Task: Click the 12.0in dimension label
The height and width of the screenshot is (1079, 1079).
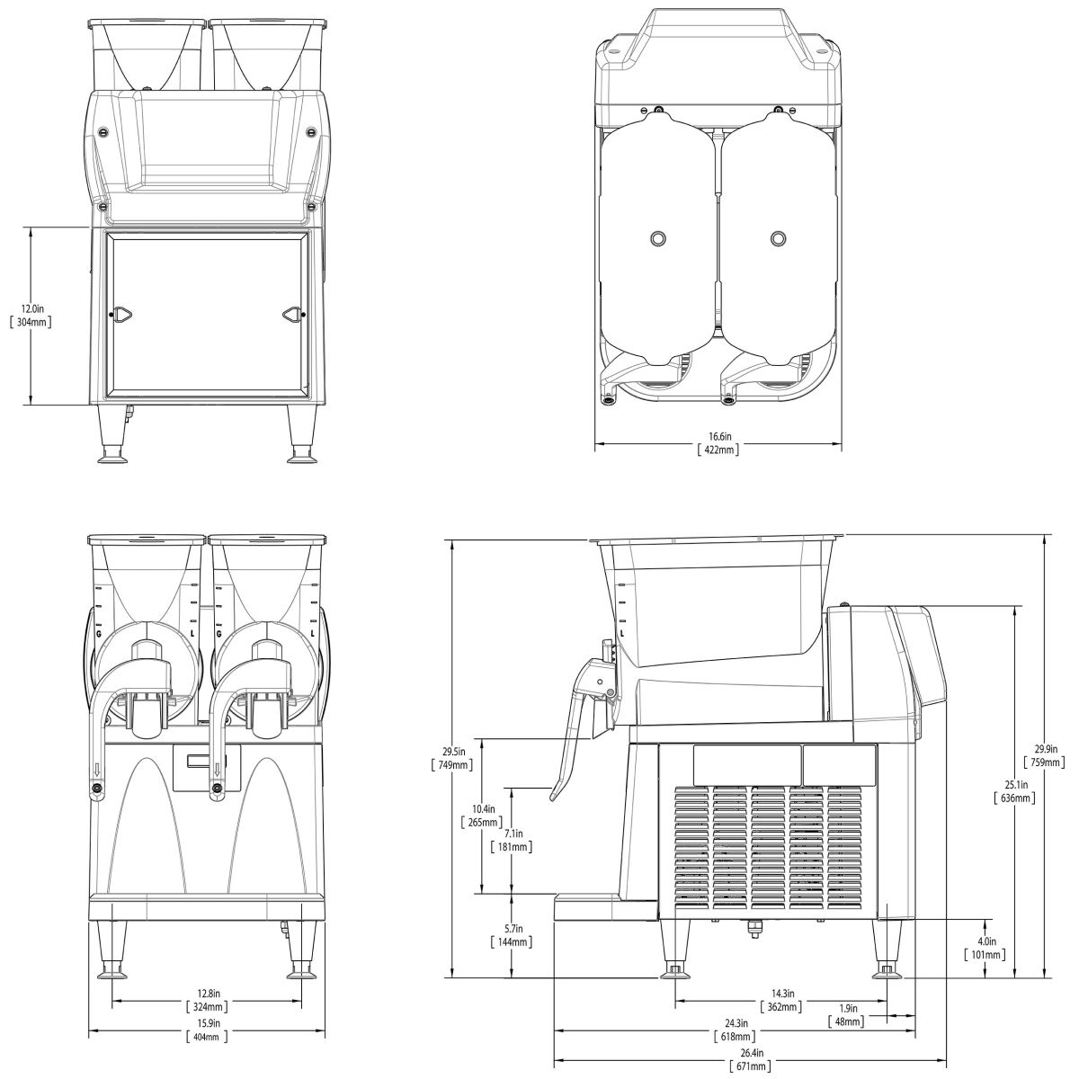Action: pyautogui.click(x=31, y=308)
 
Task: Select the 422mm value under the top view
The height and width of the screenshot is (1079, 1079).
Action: pyautogui.click(x=718, y=449)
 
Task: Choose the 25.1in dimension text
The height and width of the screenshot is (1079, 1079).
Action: pyautogui.click(x=1014, y=784)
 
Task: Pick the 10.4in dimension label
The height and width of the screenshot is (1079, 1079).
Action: pyautogui.click(x=484, y=808)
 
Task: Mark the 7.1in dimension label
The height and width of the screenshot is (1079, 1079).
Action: pyautogui.click(x=513, y=834)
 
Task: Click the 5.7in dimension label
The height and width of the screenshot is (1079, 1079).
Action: pyautogui.click(x=513, y=929)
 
